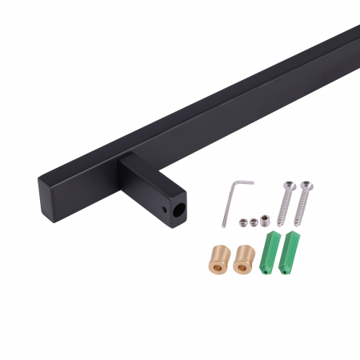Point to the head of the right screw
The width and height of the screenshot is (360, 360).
point(307,187)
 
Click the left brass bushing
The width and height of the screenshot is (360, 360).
point(218,257)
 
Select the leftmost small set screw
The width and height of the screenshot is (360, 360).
point(241,223)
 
